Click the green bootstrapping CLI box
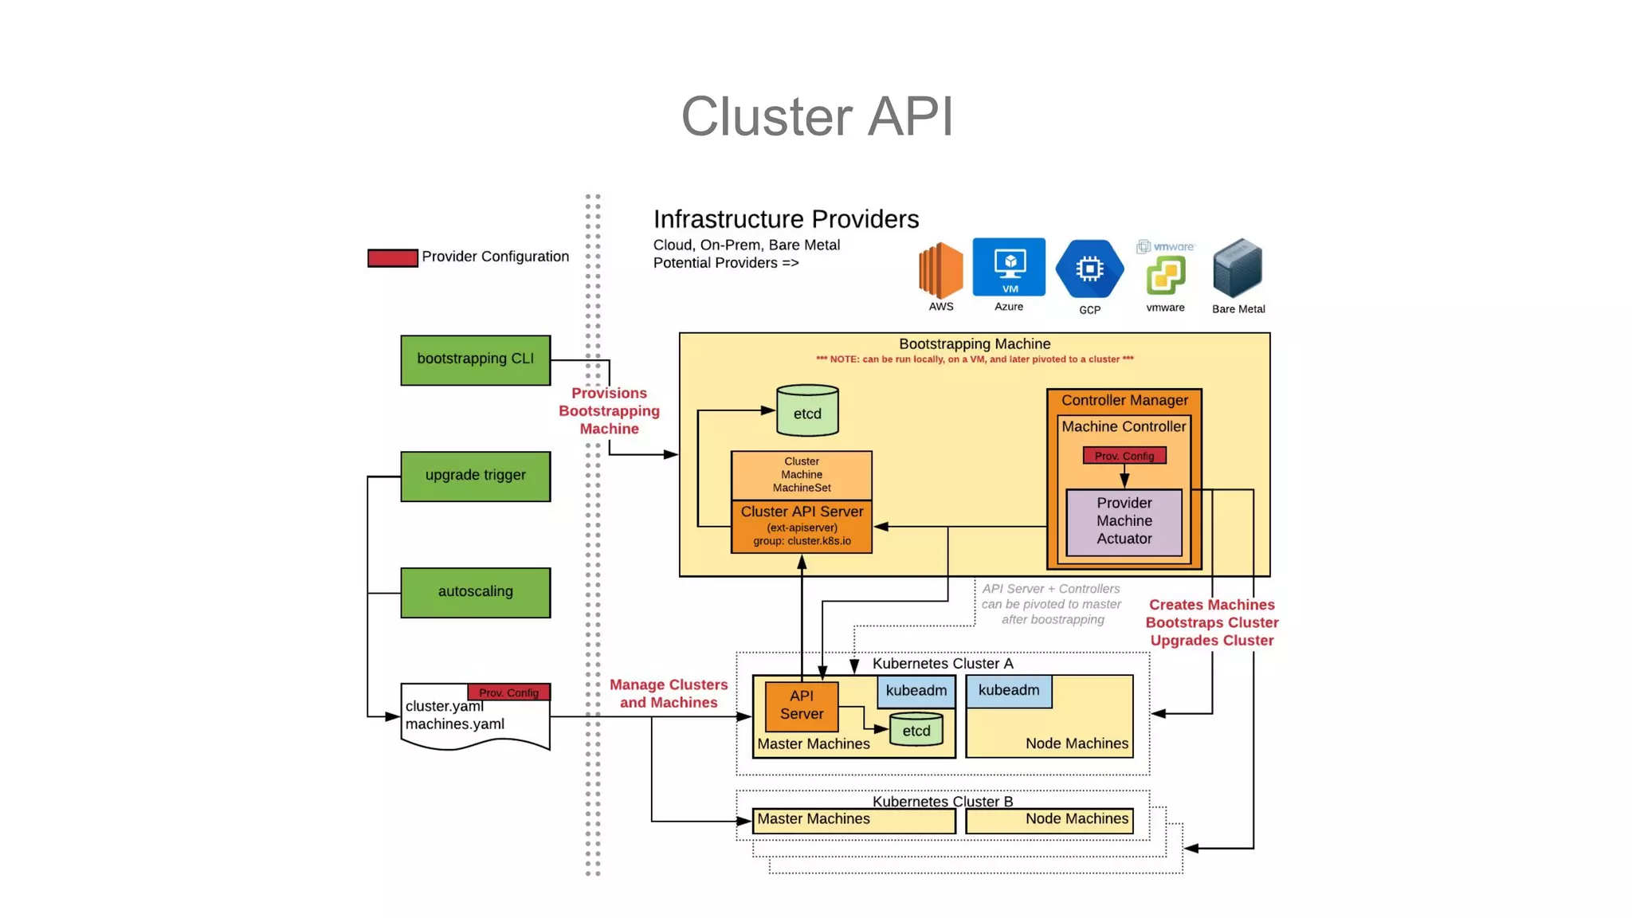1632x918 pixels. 475,360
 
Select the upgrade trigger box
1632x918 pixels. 475,477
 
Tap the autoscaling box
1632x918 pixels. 475,592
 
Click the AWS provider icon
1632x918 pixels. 940,270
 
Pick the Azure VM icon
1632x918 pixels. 1009,267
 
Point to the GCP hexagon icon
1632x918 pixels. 1089,269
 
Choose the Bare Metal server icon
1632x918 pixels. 1238,269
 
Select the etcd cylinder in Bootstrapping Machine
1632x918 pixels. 807,411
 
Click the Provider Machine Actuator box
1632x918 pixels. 1124,521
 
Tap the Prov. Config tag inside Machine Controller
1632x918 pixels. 1124,456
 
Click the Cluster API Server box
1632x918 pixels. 802,525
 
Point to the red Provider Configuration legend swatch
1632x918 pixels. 392,257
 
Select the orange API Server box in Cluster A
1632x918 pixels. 801,705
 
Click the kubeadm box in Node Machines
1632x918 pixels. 1009,691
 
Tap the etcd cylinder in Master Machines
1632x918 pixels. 916,729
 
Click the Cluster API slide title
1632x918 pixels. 817,116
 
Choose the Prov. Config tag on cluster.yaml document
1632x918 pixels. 508,692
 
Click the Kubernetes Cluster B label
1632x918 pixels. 942,801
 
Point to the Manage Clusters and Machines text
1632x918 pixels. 669,693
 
